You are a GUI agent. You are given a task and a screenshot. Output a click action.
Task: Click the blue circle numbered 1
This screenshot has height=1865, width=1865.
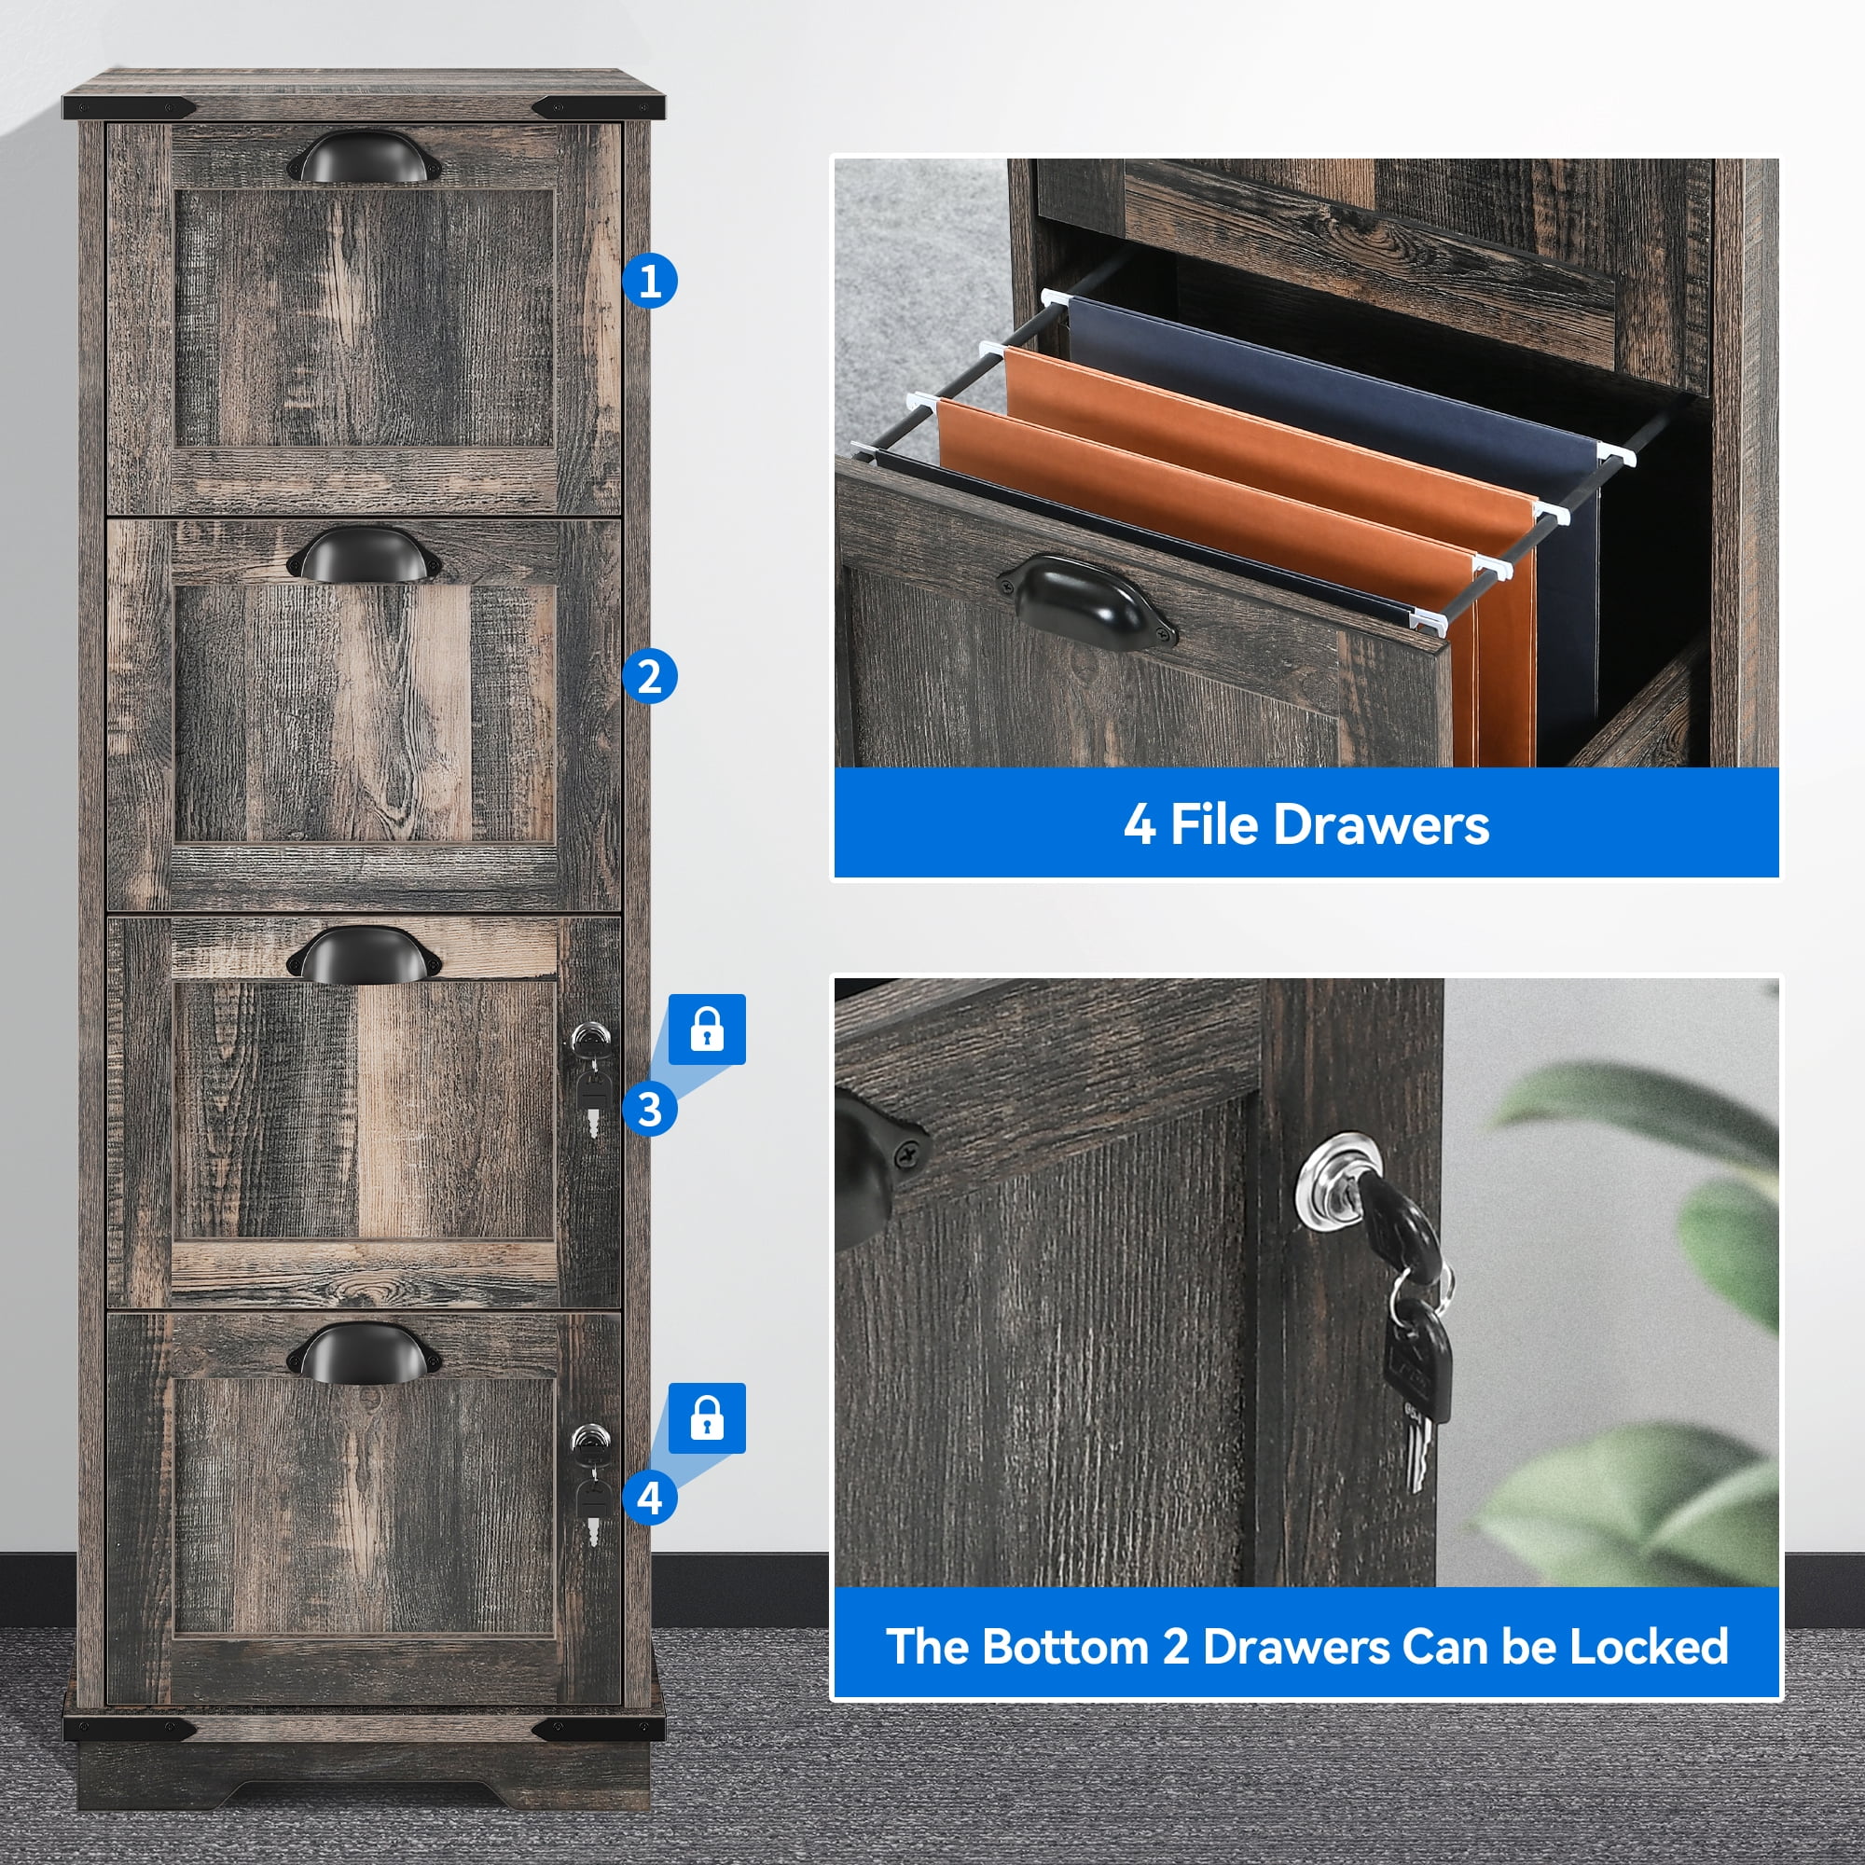click(x=650, y=281)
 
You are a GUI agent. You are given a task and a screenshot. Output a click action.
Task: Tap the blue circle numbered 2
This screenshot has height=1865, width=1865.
click(x=650, y=677)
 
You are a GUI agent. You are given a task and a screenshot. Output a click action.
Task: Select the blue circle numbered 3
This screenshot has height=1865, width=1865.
click(x=650, y=1109)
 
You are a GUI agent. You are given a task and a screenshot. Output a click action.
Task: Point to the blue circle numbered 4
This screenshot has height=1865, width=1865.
click(x=650, y=1499)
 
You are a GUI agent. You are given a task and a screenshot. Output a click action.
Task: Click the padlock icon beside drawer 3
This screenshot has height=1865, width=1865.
click(x=708, y=1029)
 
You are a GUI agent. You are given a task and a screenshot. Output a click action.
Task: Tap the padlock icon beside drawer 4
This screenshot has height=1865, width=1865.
click(x=708, y=1418)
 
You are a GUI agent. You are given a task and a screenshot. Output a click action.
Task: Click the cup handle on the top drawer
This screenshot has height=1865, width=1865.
click(x=364, y=157)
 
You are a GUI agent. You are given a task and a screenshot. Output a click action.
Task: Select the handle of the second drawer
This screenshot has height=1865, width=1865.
click(x=364, y=554)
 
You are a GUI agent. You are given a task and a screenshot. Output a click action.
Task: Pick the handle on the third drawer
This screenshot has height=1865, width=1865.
click(x=364, y=954)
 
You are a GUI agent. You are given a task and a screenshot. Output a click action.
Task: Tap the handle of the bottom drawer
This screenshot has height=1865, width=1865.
click(x=364, y=1351)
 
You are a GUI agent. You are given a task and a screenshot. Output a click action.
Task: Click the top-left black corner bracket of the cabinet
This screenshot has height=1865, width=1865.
click(x=131, y=106)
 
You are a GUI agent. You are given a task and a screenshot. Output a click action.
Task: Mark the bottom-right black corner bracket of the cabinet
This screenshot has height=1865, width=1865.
click(x=599, y=1729)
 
